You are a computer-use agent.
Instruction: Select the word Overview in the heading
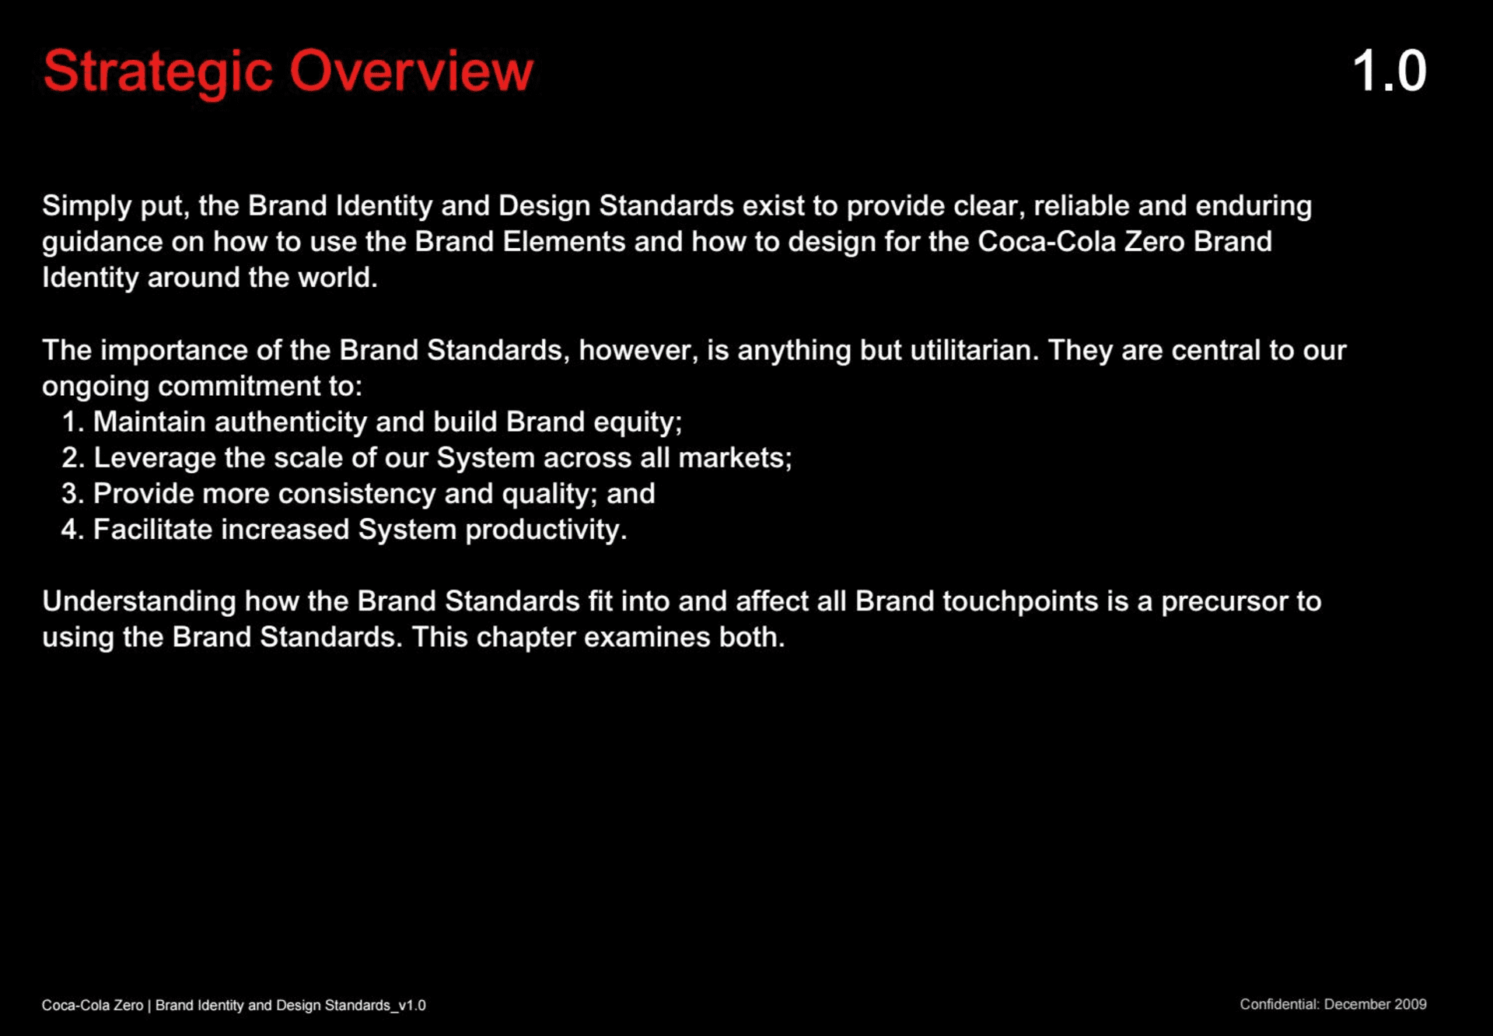(x=411, y=71)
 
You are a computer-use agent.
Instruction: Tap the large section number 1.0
(x=1390, y=71)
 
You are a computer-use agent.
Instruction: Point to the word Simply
(x=87, y=207)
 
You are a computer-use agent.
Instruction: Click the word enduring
(x=1253, y=207)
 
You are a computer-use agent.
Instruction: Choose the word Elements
(x=564, y=241)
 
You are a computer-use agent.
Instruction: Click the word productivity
(x=546, y=530)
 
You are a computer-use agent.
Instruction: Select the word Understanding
(x=139, y=602)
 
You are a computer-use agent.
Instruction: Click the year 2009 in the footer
(x=1410, y=1004)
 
